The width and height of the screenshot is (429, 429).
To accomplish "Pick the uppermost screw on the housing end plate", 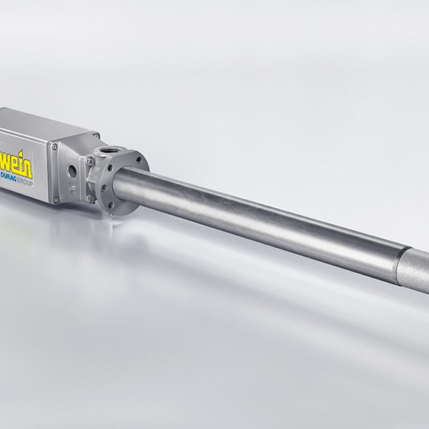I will click(x=54, y=147).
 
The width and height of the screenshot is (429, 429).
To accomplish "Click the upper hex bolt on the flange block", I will click(x=89, y=161).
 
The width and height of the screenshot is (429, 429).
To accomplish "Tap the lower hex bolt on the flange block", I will click(x=90, y=198).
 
